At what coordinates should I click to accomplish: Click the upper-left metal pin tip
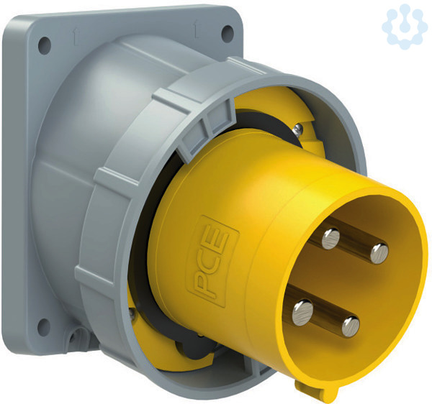(330, 239)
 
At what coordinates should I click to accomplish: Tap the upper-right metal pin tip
(379, 254)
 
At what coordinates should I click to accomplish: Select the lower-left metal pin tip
(303, 313)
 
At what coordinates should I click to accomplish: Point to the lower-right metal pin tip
(351, 326)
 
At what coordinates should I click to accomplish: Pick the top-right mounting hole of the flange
(228, 34)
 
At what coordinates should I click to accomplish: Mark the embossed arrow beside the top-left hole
(74, 37)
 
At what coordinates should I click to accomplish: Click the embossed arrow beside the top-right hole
(196, 30)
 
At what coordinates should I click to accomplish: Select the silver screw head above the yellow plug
(298, 129)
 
